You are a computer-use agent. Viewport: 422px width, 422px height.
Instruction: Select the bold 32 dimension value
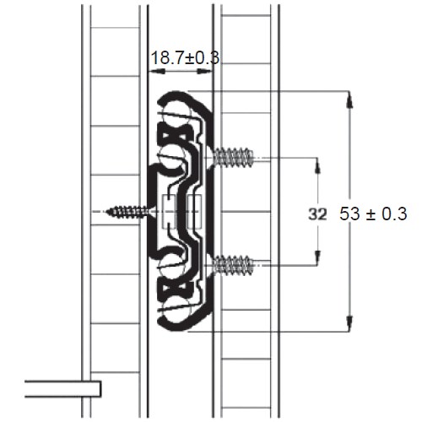(317, 214)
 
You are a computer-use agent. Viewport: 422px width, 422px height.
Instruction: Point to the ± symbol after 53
(371, 214)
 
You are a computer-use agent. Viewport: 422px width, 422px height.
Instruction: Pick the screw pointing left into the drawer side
(131, 211)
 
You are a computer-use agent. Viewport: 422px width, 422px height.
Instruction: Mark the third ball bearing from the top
(173, 267)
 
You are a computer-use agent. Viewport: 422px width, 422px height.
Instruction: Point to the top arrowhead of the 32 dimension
(317, 162)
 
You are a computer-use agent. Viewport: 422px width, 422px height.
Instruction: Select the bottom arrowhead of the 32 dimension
(317, 260)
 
